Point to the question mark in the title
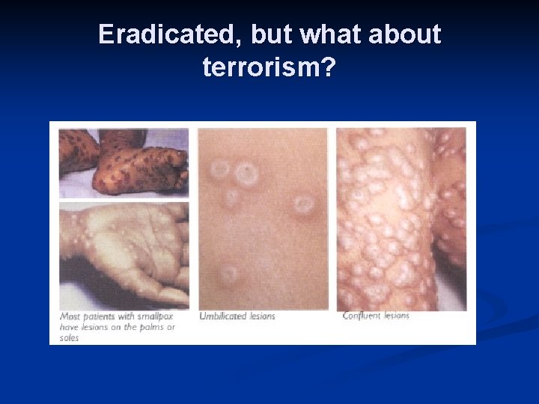tap(329, 68)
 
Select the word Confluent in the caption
tap(362, 316)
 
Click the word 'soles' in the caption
tap(69, 337)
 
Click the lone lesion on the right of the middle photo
tap(303, 203)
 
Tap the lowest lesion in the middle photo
tap(229, 274)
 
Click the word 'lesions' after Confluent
tap(396, 316)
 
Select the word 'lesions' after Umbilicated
tap(261, 316)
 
